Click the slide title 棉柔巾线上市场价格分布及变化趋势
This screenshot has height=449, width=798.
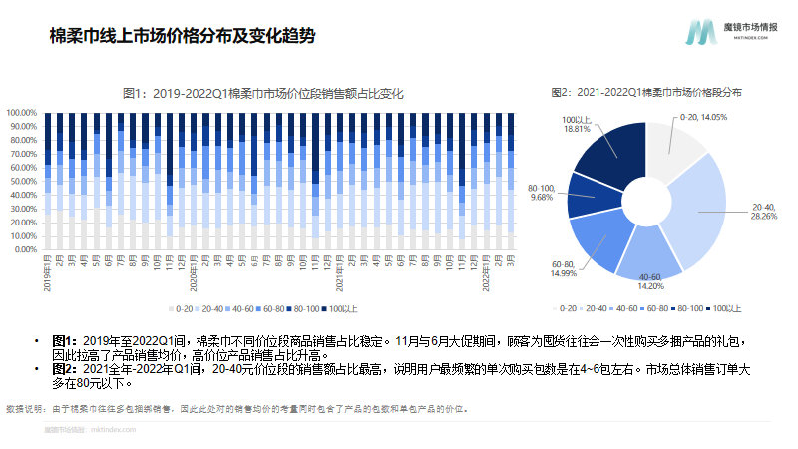pos(183,37)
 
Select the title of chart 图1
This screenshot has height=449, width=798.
pos(261,93)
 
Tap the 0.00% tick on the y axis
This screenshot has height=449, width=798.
pos(26,249)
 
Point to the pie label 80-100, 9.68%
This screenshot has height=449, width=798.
pos(540,193)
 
